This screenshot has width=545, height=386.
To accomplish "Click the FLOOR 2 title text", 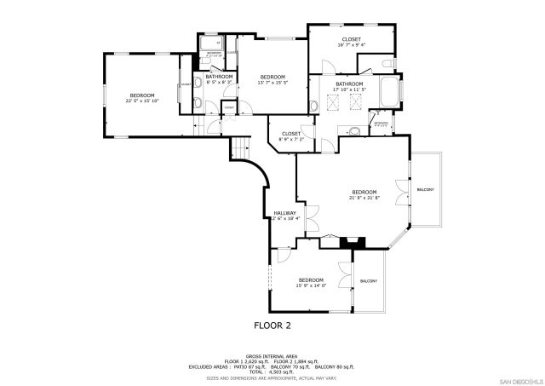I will (x=272, y=325).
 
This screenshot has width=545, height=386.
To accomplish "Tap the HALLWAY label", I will (x=284, y=215).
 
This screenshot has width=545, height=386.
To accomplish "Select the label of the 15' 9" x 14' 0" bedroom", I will (x=311, y=282).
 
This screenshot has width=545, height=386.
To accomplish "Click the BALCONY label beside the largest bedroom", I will (x=425, y=189).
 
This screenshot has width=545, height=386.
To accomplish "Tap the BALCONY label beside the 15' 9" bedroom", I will (x=369, y=281).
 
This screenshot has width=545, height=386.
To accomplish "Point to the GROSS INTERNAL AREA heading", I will (x=272, y=355).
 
